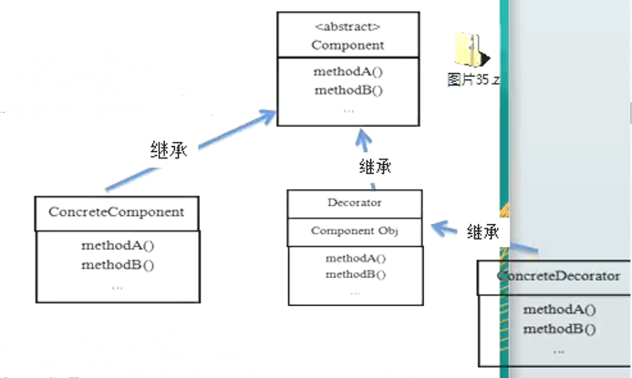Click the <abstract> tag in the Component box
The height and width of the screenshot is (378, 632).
point(347,26)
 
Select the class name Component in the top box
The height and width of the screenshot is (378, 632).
point(347,44)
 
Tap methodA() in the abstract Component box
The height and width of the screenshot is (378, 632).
point(347,73)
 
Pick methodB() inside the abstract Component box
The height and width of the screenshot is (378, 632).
point(347,90)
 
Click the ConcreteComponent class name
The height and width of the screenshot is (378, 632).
point(116,212)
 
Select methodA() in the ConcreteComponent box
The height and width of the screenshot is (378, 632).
point(117,246)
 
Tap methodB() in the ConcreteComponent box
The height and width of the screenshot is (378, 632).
point(117,265)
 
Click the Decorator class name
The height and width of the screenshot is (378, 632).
point(354,203)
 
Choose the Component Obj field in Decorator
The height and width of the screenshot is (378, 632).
point(354,231)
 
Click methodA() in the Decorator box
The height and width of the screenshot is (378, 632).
point(355,259)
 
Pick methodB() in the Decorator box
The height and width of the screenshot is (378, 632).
point(355,274)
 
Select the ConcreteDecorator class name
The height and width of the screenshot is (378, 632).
point(558,276)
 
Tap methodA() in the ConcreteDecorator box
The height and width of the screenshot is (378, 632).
point(559,310)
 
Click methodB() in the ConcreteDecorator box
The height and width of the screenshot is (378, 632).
point(559,329)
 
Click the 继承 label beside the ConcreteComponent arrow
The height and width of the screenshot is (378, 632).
point(169,150)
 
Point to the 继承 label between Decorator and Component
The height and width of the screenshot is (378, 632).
point(376,167)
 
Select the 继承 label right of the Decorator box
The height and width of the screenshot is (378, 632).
point(482,231)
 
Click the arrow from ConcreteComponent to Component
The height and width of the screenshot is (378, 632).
point(192,151)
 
